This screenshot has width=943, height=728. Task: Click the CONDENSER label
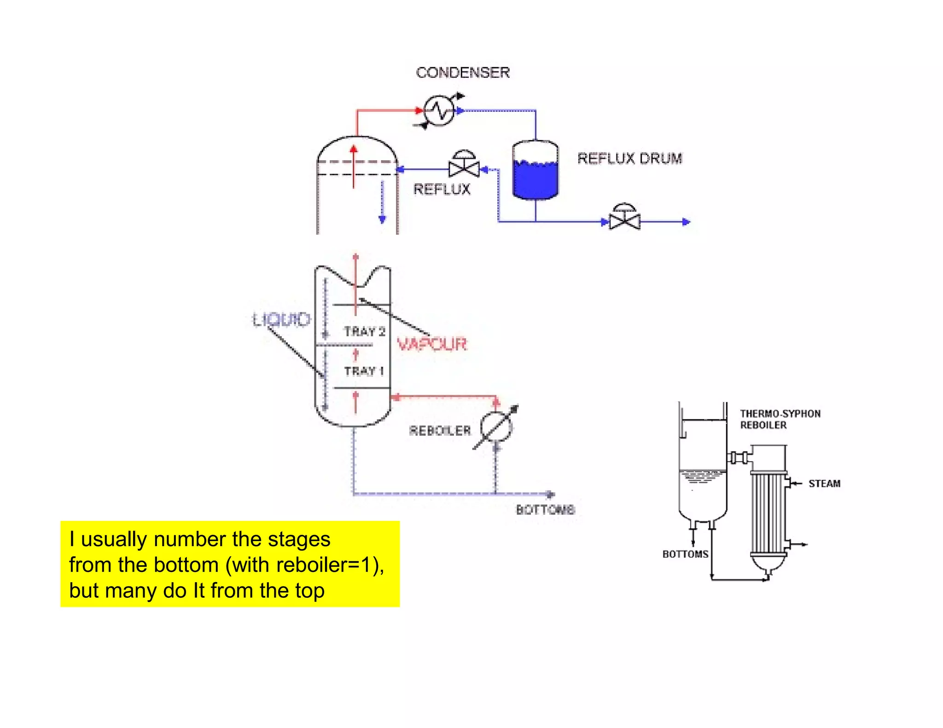pos(462,73)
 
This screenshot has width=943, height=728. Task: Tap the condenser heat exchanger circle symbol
pos(439,111)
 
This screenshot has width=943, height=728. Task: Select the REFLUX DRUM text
pos(629,158)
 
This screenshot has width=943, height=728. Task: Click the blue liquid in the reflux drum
pos(535,179)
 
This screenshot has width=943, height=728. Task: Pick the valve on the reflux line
pos(464,166)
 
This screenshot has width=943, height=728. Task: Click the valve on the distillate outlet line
pos(624,219)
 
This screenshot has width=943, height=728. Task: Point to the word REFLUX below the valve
pos(442,189)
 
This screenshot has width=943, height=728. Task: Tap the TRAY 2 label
pos(364,331)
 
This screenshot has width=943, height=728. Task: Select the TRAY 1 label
pos(364,371)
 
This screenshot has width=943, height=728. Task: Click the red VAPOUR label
pos(431,344)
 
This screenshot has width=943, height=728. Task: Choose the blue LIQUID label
pos(281,319)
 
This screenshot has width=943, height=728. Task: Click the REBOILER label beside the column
pos(440,430)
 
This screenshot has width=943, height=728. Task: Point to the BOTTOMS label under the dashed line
pos(545,509)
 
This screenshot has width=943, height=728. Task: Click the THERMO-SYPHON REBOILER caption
pos(780,419)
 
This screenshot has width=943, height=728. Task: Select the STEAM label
pos(824,484)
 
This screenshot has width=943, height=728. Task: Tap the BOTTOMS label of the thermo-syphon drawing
pos(685,554)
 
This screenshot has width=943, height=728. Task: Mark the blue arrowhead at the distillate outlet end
pos(686,222)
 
